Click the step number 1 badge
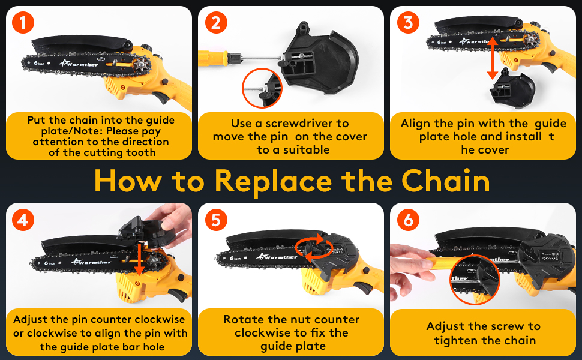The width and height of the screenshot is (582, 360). pyautogui.click(x=23, y=22)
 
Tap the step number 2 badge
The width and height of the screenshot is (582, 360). pyautogui.click(x=216, y=22)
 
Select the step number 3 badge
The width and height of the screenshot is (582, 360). pyautogui.click(x=408, y=22)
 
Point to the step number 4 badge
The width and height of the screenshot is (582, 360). pyautogui.click(x=23, y=220)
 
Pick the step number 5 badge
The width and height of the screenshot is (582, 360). pyautogui.click(x=216, y=220)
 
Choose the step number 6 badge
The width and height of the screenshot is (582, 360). pyautogui.click(x=408, y=220)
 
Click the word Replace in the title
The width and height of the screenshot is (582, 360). pyautogui.click(x=273, y=182)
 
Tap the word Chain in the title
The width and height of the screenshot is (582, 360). pyautogui.click(x=445, y=181)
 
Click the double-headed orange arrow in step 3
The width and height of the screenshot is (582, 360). pyautogui.click(x=492, y=58)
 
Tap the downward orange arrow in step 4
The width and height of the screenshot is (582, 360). pyautogui.click(x=139, y=260)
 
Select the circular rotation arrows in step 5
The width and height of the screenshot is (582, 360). pyautogui.click(x=314, y=246)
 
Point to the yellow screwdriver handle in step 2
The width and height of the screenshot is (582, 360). pyautogui.click(x=212, y=58)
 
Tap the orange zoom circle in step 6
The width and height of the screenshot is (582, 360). pyautogui.click(x=475, y=281)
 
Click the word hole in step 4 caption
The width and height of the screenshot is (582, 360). pyautogui.click(x=154, y=347)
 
